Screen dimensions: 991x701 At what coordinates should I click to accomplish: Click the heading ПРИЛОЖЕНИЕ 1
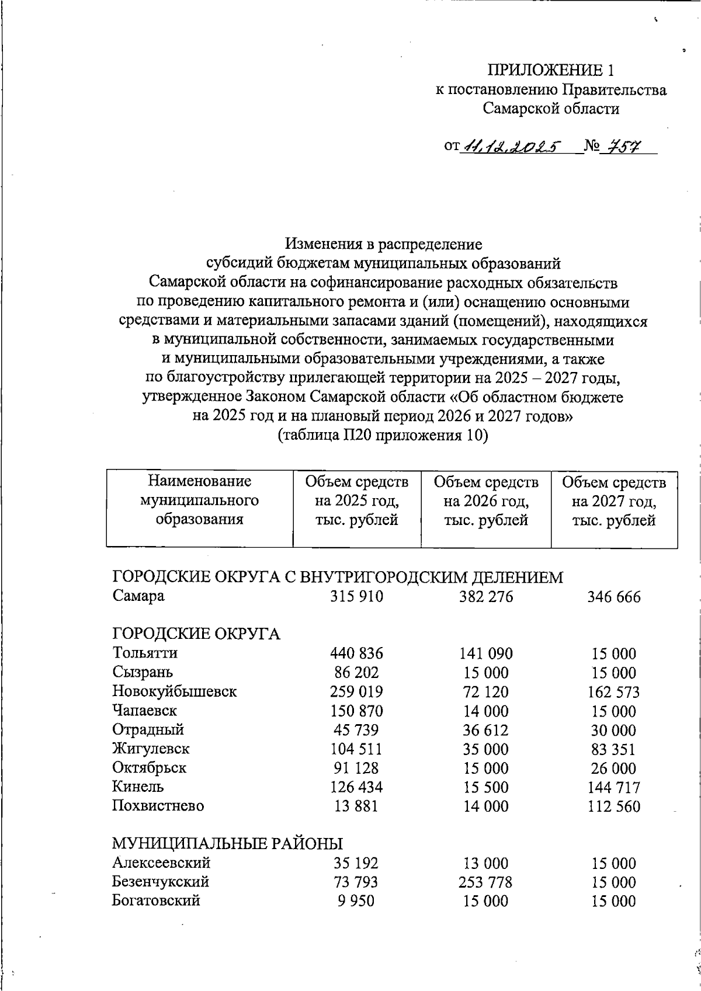[551, 71]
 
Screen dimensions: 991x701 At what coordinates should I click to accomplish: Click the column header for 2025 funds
[356, 500]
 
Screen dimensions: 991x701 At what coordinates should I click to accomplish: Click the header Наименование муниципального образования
[199, 500]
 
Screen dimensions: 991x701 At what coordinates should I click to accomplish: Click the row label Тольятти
[145, 653]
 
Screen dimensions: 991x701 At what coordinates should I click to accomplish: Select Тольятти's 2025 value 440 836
[356, 653]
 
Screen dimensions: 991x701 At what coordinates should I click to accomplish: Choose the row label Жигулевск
[151, 749]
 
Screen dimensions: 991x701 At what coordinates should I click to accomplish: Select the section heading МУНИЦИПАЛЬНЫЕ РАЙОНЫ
[227, 844]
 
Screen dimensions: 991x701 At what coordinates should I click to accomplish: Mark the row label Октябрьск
[149, 768]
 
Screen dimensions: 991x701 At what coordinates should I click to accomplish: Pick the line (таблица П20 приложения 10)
[383, 436]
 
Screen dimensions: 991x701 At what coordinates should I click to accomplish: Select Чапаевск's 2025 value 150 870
[356, 711]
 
